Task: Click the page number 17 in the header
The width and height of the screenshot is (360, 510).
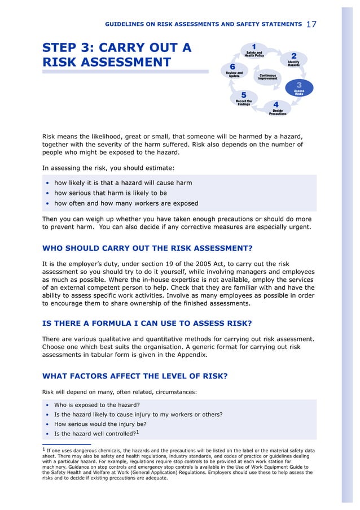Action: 312,24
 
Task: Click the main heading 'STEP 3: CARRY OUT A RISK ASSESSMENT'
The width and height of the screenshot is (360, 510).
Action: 117,55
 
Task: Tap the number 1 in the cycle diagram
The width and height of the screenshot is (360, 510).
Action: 254,46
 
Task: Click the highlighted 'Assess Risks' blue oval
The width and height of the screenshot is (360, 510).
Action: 299,89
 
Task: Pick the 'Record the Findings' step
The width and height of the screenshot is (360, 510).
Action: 244,99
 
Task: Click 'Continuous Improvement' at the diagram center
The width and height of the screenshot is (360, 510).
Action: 267,76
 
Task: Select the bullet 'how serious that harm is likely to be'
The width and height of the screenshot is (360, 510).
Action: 110,193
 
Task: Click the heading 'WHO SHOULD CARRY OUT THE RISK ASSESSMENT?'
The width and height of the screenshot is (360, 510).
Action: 147,248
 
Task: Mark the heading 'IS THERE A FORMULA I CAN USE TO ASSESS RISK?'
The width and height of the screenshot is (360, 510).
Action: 147,324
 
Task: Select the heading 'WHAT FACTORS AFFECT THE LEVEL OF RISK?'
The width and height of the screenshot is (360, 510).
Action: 135,376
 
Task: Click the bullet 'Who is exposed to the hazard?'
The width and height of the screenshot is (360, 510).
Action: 96,404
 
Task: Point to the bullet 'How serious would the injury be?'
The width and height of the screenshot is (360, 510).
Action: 100,424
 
